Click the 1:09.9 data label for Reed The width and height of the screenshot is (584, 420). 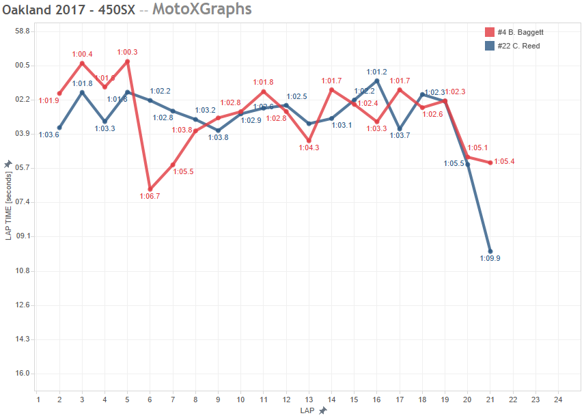tap(490, 258)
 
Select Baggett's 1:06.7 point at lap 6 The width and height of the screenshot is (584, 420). tap(150, 189)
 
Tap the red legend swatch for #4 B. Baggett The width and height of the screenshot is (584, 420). tap(489, 32)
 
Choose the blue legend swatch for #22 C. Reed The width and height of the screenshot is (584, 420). tap(489, 46)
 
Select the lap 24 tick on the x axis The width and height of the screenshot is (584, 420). tap(557, 399)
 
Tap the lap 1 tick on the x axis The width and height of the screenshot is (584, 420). tap(38, 399)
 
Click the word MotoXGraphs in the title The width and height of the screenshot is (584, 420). tap(201, 10)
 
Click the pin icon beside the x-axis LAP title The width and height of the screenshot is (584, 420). tap(323, 410)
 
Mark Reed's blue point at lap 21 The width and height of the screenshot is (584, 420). tap(490, 251)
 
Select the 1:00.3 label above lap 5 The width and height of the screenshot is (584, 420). tap(127, 52)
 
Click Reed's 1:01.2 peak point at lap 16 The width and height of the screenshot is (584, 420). tap(377, 81)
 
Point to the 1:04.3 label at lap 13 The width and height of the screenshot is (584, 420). tap(308, 147)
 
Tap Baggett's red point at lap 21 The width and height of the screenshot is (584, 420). tap(490, 163)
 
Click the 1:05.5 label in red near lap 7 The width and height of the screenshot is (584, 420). tap(183, 171)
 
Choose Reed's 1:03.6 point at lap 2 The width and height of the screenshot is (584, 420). tap(59, 128)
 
